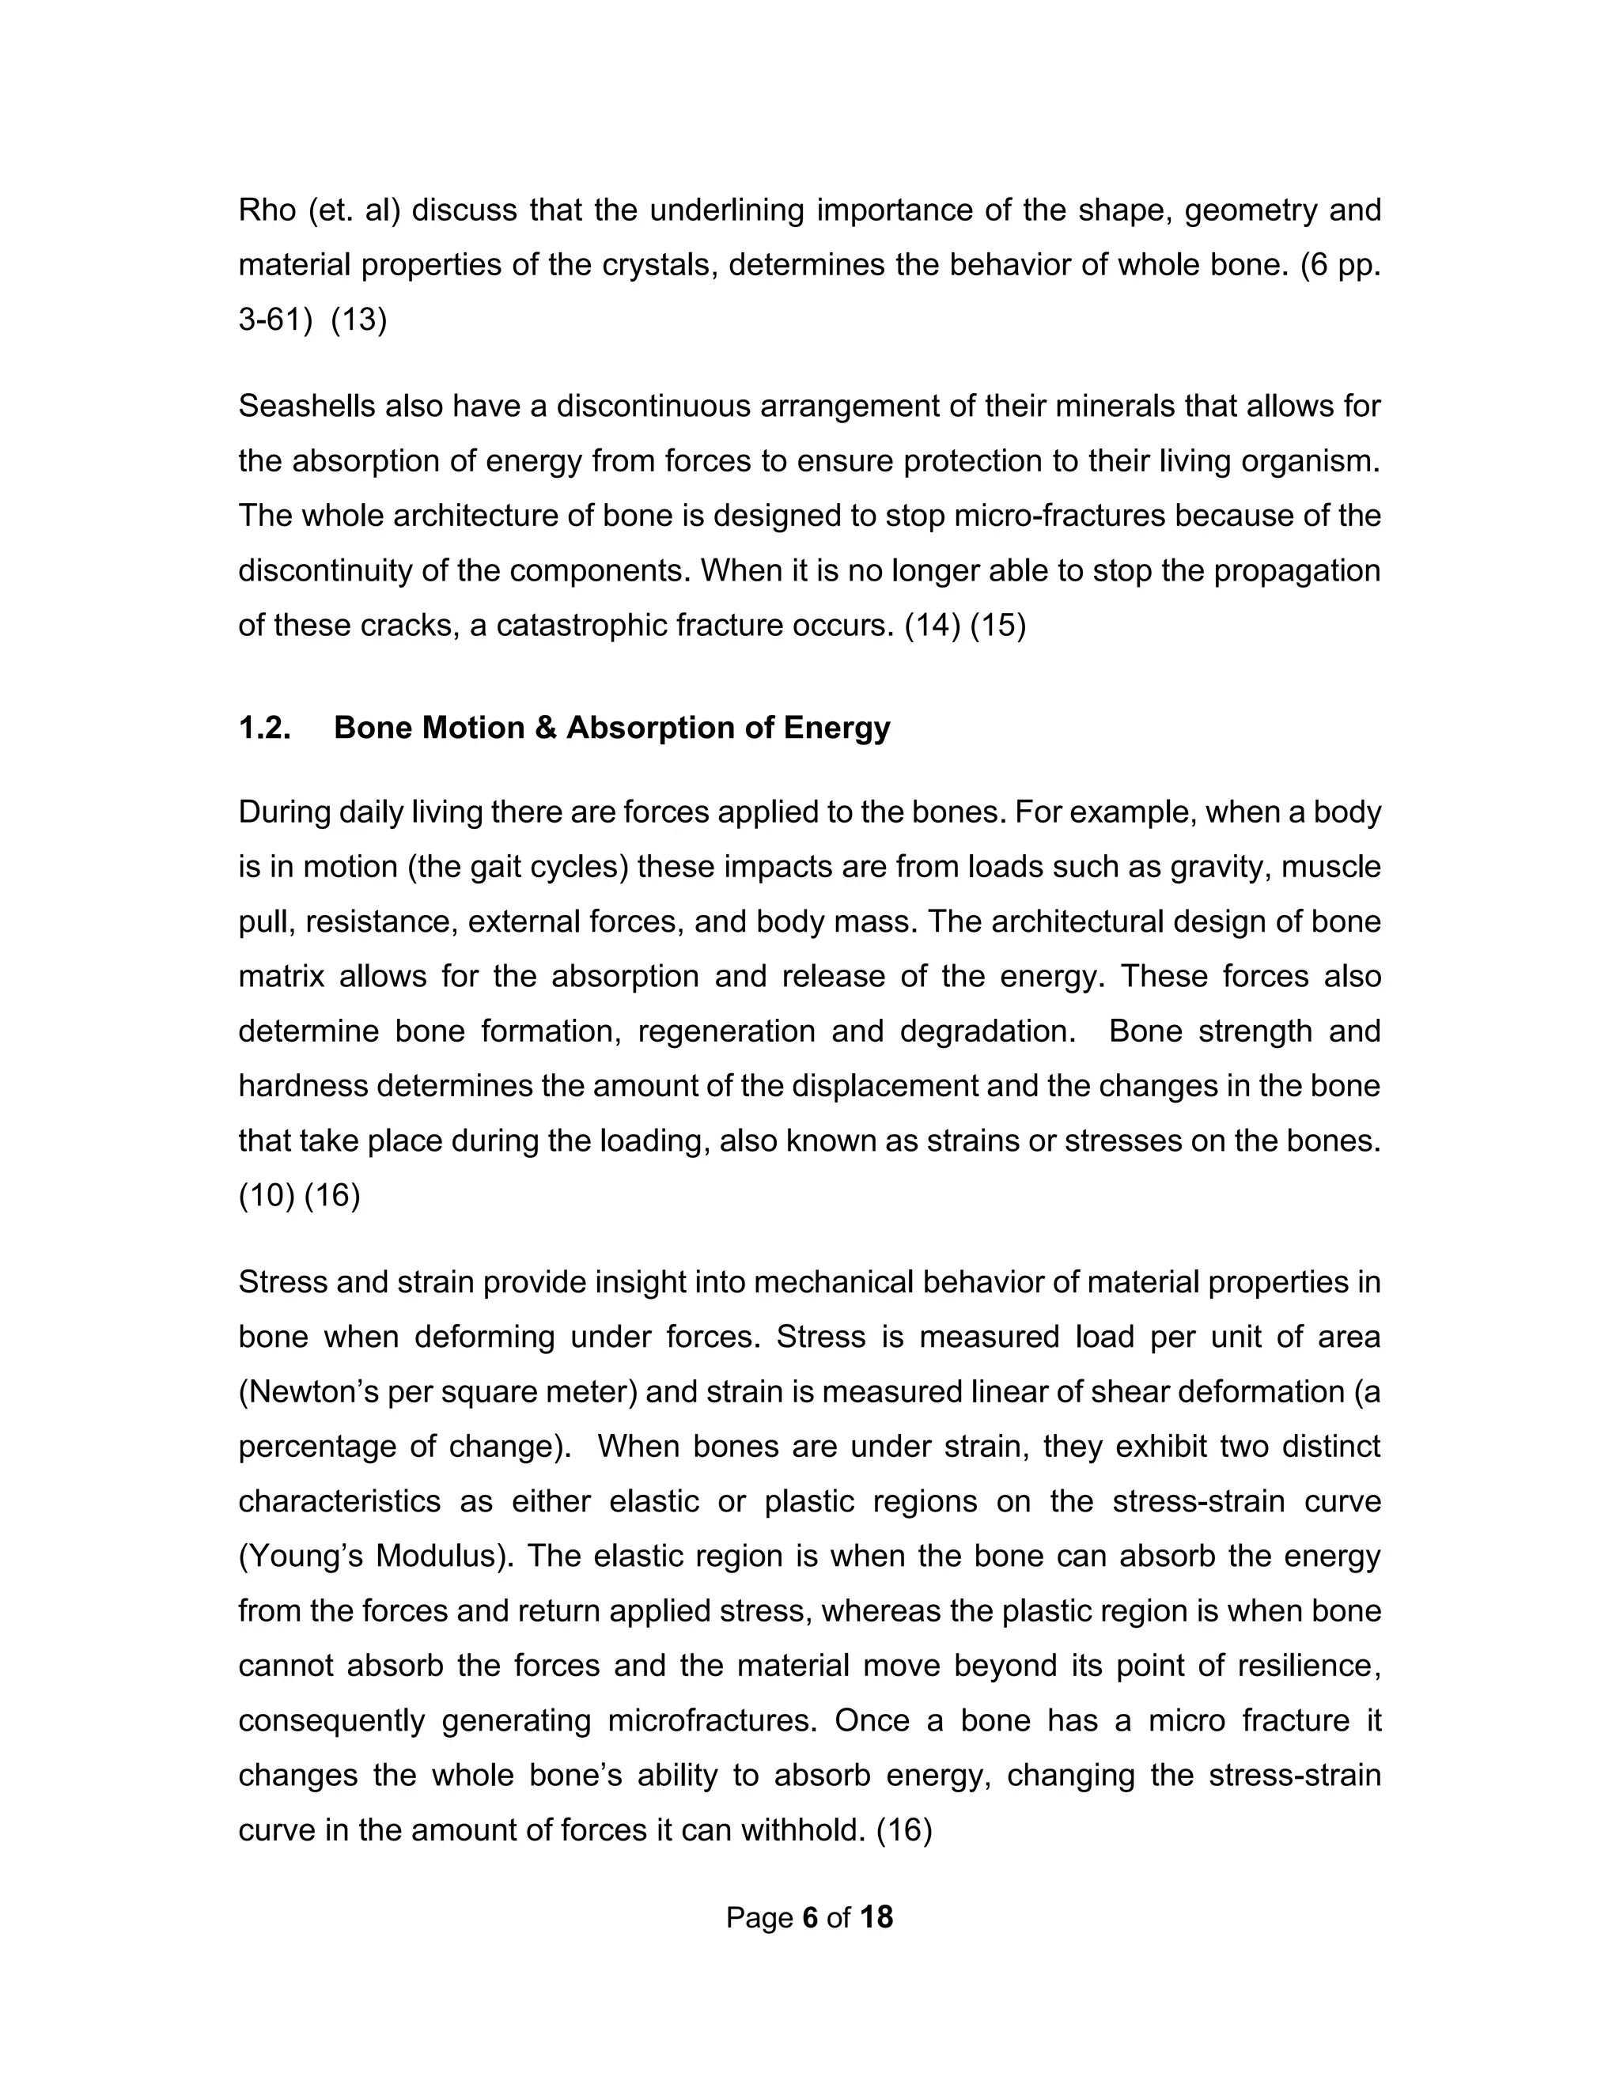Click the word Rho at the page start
tap(267, 210)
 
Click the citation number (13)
tap(359, 320)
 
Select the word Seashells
tap(306, 406)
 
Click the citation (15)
tap(998, 626)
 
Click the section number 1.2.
tap(265, 728)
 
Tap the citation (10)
tap(267, 1196)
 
